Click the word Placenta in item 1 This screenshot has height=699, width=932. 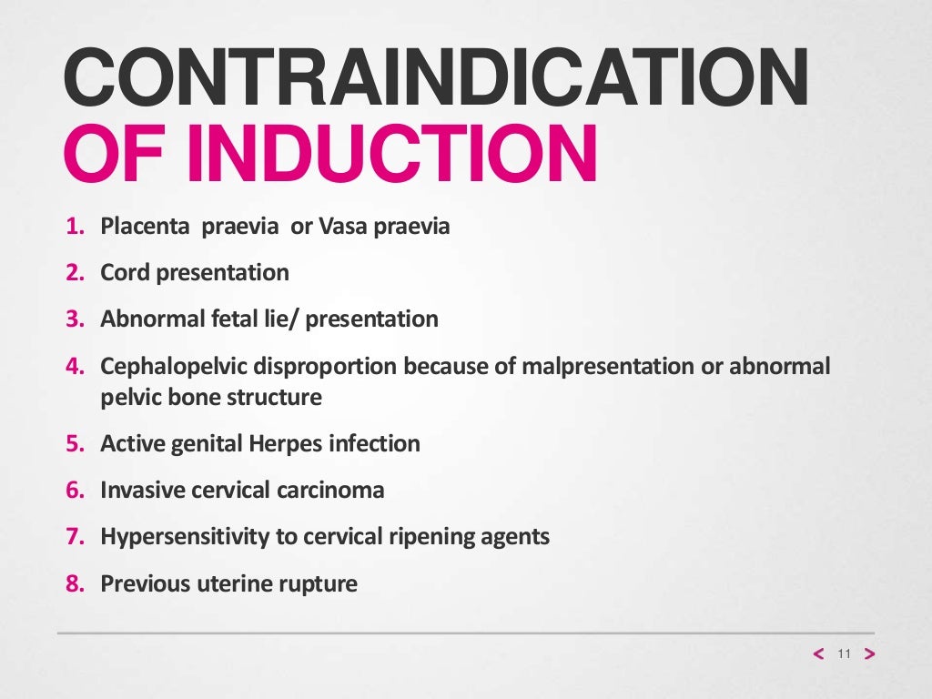pyautogui.click(x=143, y=226)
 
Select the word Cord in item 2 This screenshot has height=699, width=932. pyautogui.click(x=124, y=272)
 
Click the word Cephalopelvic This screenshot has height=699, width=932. pyautogui.click(x=171, y=367)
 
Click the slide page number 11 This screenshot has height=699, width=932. pyautogui.click(x=843, y=654)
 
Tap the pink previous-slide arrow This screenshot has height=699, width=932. pyautogui.click(x=817, y=654)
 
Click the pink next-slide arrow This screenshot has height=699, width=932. pyautogui.click(x=869, y=654)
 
